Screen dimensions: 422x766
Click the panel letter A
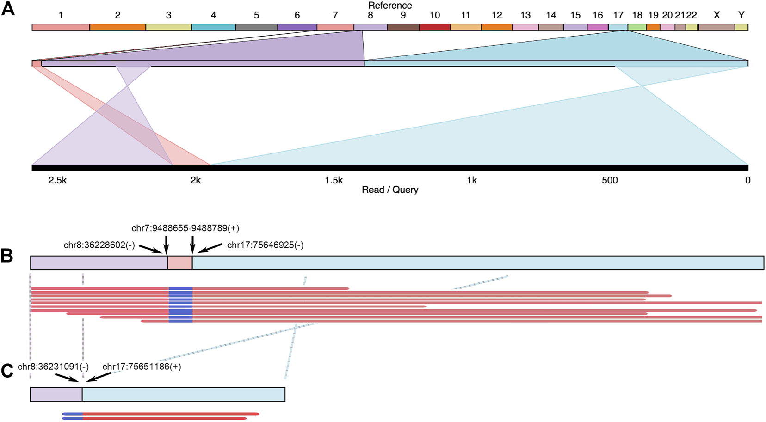[8, 9]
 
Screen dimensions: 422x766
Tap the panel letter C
[7, 371]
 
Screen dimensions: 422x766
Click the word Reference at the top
[390, 5]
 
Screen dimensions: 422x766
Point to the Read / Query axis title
[390, 190]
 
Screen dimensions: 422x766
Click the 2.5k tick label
[57, 180]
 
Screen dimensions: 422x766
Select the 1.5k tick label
[334, 180]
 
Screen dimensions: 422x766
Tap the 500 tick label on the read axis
[610, 180]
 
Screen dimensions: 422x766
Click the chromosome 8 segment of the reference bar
[370, 27]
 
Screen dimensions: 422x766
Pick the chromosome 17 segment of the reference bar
[618, 27]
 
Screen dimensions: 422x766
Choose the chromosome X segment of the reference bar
[716, 27]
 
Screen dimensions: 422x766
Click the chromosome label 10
[434, 15]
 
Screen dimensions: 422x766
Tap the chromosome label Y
[741, 15]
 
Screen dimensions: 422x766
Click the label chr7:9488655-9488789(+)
[185, 228]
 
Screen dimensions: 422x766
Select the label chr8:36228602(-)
[99, 245]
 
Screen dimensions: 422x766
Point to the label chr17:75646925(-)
[265, 245]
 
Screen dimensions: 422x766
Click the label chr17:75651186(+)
[142, 367]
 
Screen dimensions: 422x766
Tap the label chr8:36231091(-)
[53, 367]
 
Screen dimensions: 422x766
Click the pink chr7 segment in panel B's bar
[180, 263]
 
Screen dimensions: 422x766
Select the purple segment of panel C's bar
[56, 394]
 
